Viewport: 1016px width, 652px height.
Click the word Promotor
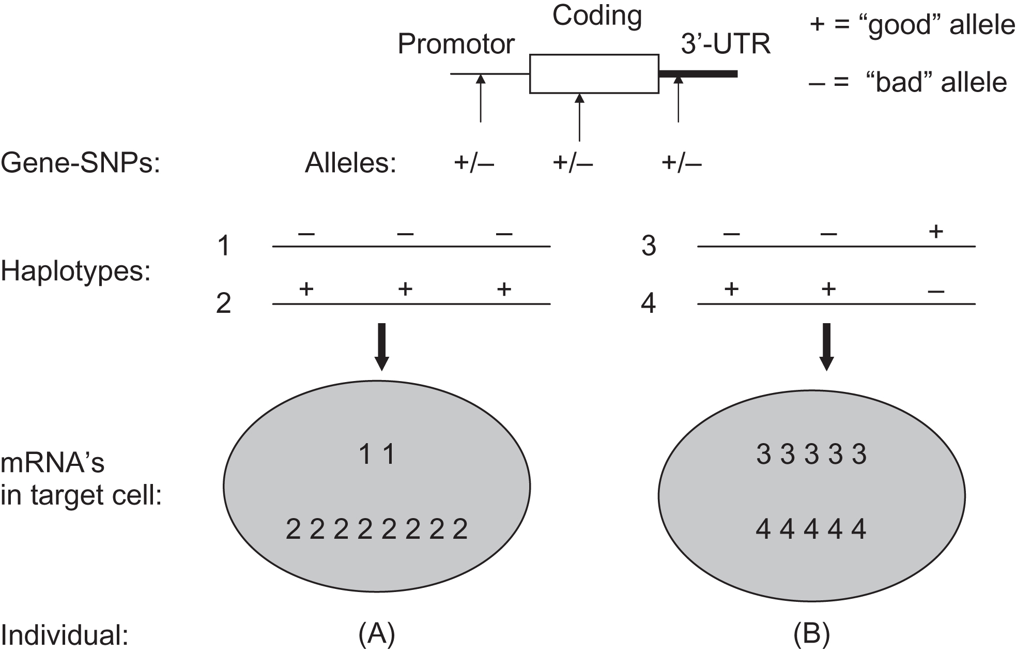coord(456,44)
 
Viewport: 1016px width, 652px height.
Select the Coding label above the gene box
coord(597,16)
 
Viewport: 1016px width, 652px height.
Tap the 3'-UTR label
coord(725,44)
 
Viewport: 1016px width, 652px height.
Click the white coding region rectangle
coord(594,73)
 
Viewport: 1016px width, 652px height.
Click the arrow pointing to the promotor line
coord(481,98)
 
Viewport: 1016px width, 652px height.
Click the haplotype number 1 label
coord(223,246)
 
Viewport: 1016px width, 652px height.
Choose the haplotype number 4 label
coord(648,304)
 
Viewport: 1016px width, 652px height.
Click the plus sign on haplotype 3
coord(935,232)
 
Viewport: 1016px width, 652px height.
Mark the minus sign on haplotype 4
coord(935,291)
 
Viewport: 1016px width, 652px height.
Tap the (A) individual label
coord(377,634)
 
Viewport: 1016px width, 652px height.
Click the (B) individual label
coord(811,634)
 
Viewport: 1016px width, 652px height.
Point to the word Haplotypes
coord(75,271)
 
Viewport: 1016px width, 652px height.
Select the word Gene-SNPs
coord(81,164)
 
